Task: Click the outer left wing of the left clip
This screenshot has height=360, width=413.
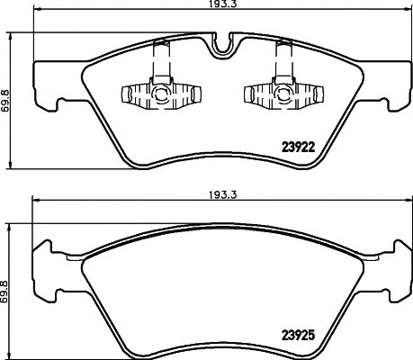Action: (128, 93)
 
